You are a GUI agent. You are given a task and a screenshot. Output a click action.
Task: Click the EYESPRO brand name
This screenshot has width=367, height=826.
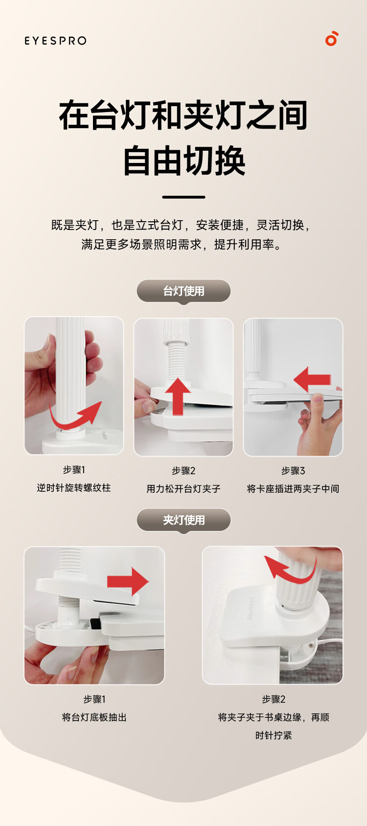tap(55, 41)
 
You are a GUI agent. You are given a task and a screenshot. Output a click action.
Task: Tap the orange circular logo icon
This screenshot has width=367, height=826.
tap(332, 39)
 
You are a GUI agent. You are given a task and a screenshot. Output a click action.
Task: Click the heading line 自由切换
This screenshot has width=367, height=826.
tap(183, 161)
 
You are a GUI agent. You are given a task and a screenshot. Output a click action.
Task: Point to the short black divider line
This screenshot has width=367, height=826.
tap(183, 197)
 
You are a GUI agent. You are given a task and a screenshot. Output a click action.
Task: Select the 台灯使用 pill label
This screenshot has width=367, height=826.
tap(183, 291)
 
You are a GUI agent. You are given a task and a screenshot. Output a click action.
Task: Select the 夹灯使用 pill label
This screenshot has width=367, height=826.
tap(183, 520)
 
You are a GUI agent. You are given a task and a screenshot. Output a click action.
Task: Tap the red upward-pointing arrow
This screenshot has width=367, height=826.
tap(178, 396)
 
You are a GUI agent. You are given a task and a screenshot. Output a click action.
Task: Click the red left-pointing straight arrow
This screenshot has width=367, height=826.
tap(312, 379)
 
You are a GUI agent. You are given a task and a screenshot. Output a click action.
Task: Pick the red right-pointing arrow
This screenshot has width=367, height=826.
tap(128, 581)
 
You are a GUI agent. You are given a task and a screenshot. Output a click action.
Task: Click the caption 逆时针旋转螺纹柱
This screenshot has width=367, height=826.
tap(74, 488)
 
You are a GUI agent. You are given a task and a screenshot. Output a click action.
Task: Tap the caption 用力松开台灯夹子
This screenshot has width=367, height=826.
tap(183, 488)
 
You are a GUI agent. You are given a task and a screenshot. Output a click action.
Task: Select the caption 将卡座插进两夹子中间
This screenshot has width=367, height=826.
tap(293, 488)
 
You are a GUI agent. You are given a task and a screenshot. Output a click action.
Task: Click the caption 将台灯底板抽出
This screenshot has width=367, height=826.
tap(94, 717)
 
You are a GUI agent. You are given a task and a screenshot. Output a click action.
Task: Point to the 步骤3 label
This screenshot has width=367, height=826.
tap(293, 471)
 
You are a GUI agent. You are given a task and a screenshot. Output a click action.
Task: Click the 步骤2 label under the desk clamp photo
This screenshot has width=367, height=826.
tap(274, 699)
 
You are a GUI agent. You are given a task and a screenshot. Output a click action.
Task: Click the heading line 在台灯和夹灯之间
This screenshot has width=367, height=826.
tap(183, 115)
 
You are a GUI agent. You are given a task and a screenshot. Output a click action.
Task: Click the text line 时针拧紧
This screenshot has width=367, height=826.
tap(274, 735)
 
